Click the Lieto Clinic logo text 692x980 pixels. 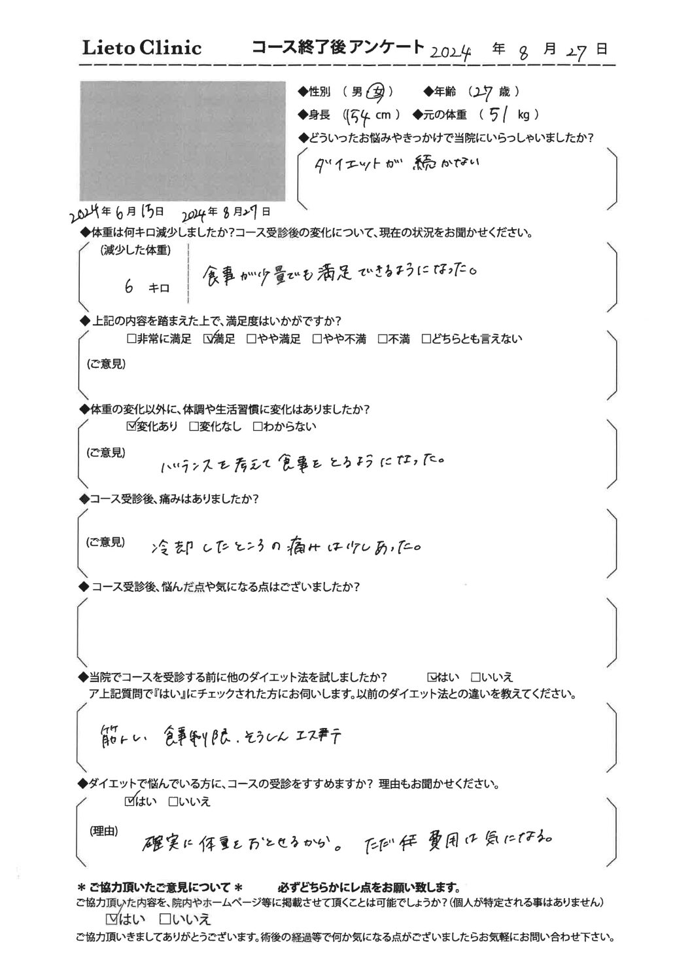click(141, 47)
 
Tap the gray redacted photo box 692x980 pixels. click(182, 141)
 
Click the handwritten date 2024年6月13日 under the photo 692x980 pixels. click(118, 211)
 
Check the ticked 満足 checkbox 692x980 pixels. click(209, 339)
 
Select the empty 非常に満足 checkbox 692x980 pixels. click(131, 339)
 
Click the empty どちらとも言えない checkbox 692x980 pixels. click(426, 339)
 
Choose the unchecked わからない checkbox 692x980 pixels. click(257, 427)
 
